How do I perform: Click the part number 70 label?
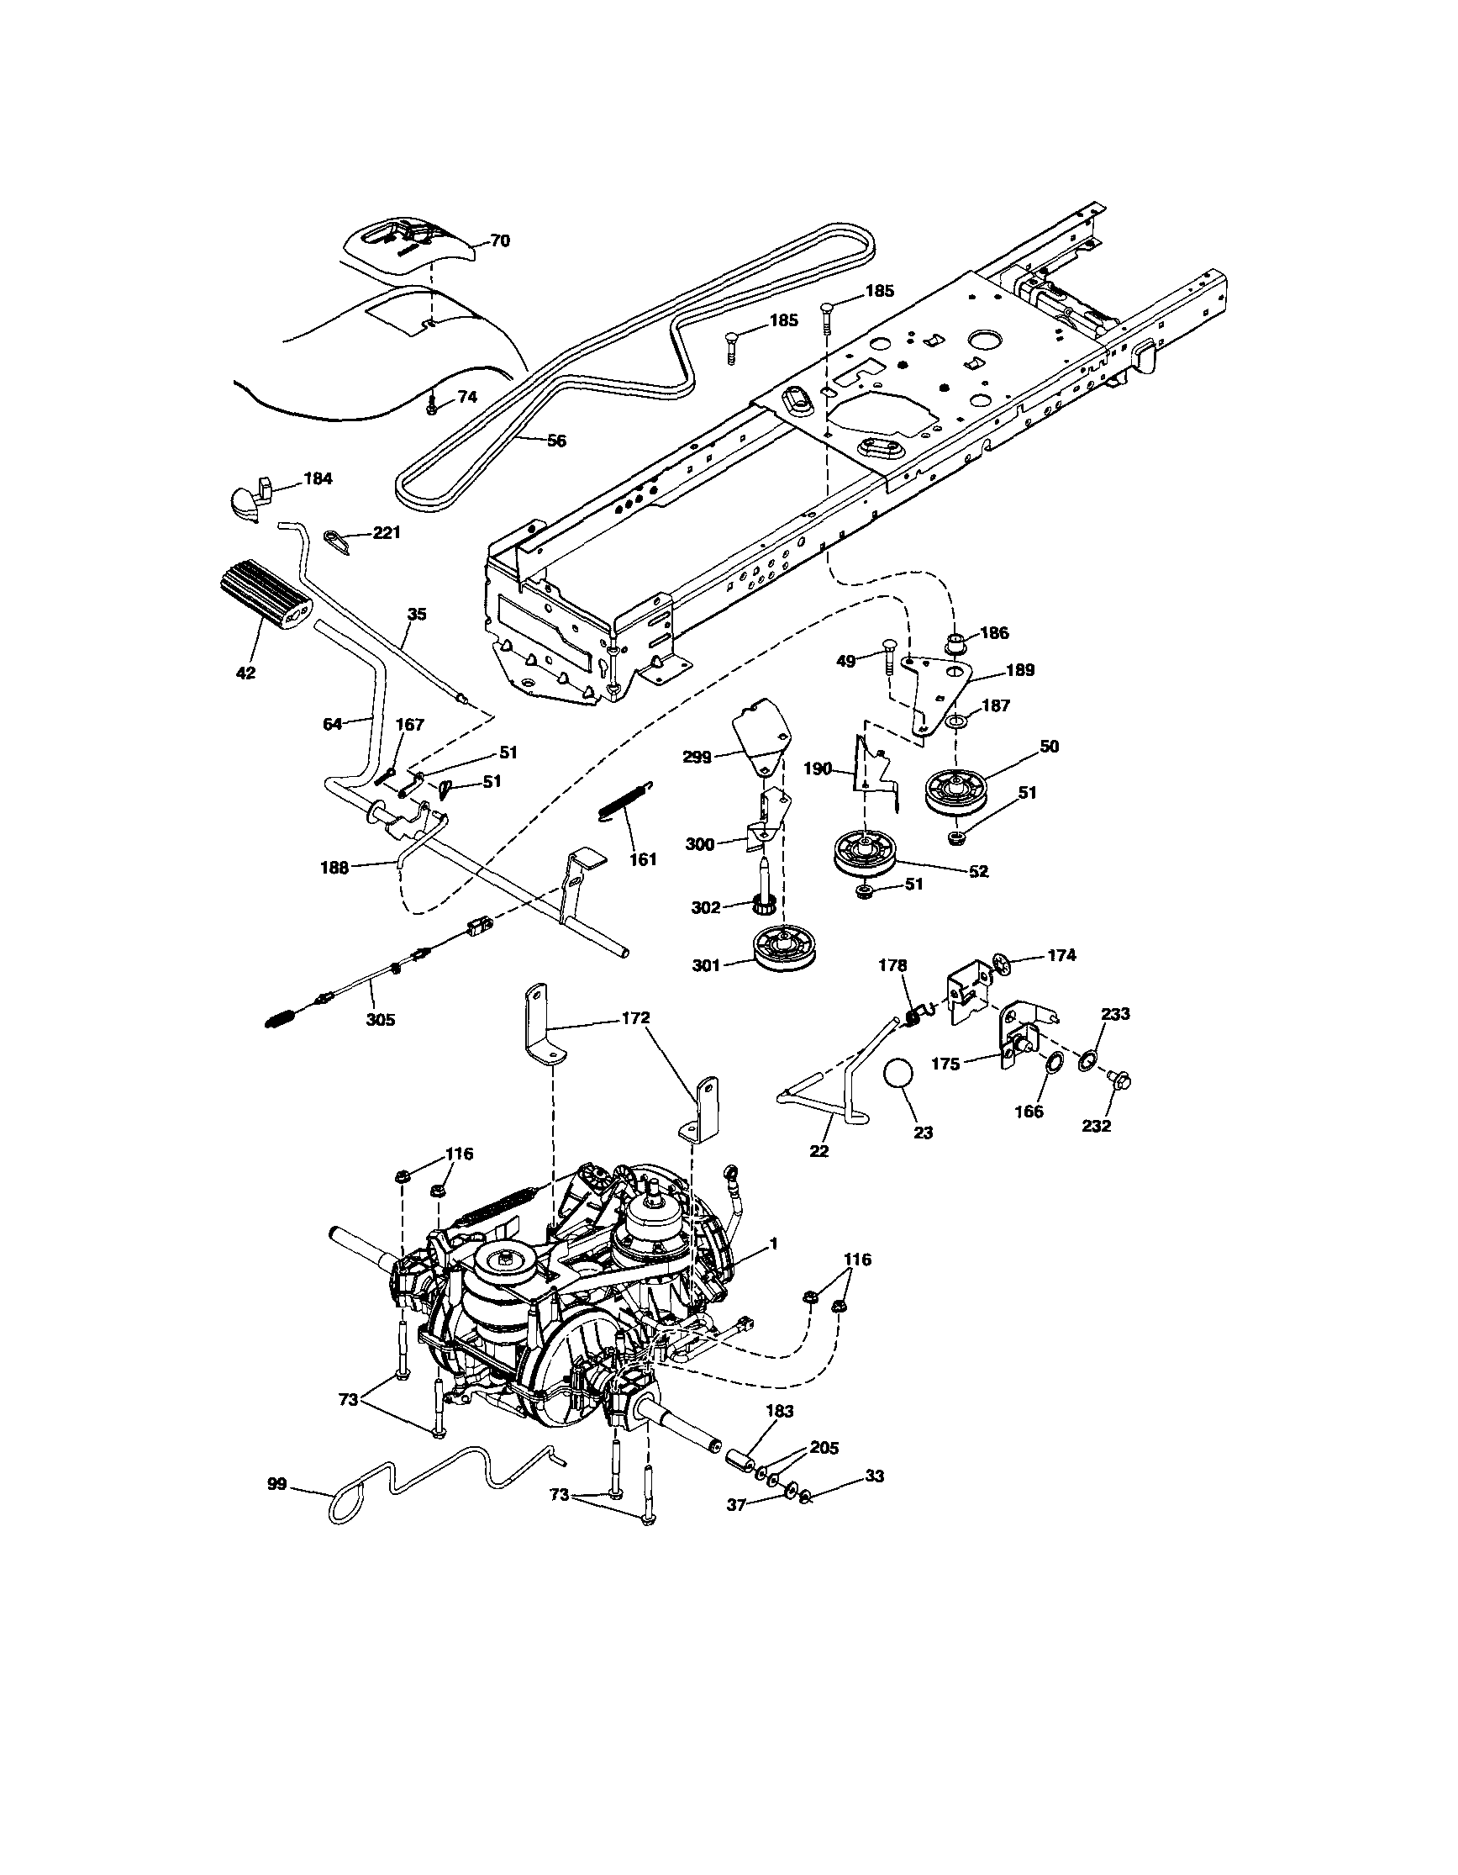(499, 241)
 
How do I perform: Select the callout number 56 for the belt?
(556, 441)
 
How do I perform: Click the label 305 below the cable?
(380, 1020)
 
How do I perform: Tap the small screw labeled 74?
(434, 407)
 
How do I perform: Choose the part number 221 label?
(387, 533)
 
